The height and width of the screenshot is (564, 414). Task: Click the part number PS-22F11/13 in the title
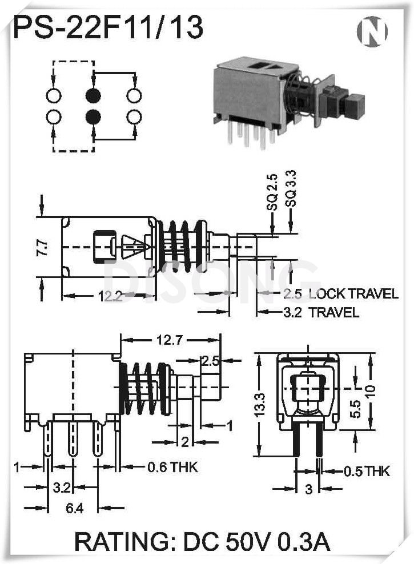click(x=108, y=28)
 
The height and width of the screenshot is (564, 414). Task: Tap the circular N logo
click(x=372, y=31)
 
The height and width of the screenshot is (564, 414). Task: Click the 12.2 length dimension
click(x=107, y=296)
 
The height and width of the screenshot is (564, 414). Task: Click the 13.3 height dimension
click(x=260, y=404)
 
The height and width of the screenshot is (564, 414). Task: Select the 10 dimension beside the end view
click(x=372, y=393)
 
